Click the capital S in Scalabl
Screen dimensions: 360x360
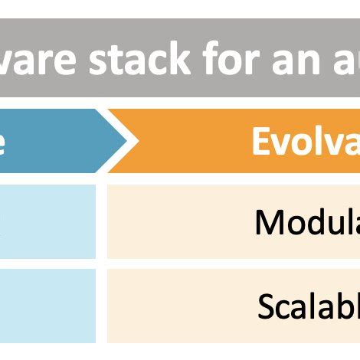[x=266, y=306]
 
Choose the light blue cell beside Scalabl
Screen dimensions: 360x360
[x=47, y=306]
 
